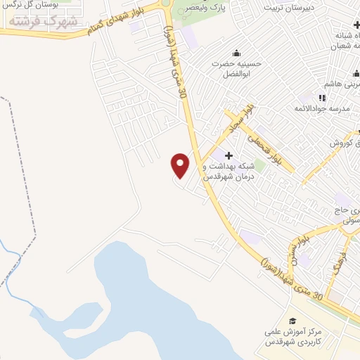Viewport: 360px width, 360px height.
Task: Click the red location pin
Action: click(181, 165)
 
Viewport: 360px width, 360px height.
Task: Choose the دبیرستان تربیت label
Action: click(285, 7)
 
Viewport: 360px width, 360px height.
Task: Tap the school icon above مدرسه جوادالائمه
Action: click(322, 98)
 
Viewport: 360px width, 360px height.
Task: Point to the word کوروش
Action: click(345, 142)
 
